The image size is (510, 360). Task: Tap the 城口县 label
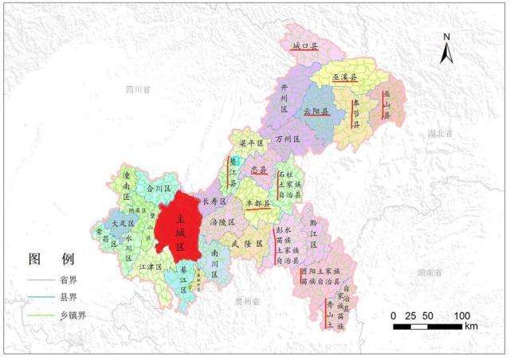(304, 48)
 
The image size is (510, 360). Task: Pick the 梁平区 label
(252, 143)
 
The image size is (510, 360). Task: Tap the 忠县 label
(258, 170)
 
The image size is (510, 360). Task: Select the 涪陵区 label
(218, 222)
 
